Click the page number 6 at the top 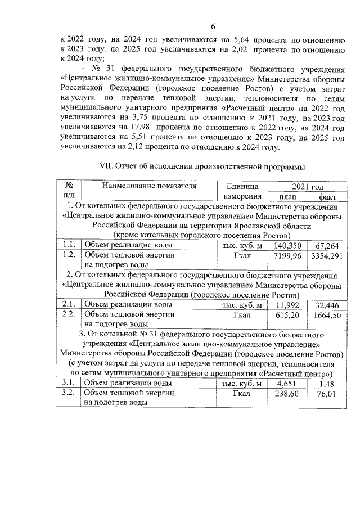(213, 26)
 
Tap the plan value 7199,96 (287, 255)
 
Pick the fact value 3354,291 (327, 255)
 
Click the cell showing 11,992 (287, 304)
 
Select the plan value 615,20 (287, 315)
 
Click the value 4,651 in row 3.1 (287, 384)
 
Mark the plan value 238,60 (287, 394)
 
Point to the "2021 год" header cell (307, 186)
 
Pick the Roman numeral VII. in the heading (106, 166)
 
